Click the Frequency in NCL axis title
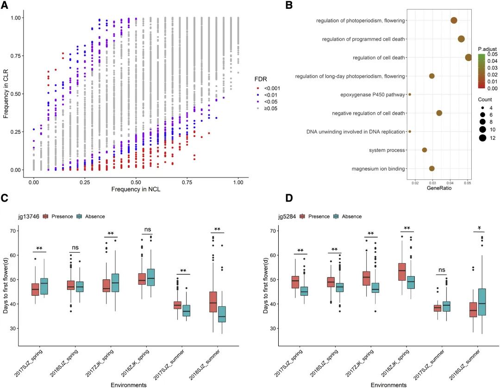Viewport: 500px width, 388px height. click(136, 189)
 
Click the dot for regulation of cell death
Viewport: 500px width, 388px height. click(469, 57)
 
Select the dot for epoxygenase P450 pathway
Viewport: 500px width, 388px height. click(410, 94)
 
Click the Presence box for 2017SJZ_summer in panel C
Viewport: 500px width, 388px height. click(177, 305)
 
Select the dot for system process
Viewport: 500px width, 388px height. click(425, 150)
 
